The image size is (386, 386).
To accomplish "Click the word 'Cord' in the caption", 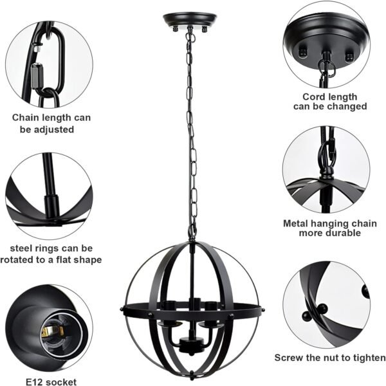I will (x=307, y=96).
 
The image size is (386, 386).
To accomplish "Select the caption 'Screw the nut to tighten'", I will (x=330, y=358).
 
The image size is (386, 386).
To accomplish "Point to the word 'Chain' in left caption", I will (x=27, y=118).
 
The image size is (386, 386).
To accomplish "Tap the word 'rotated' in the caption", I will (x=21, y=259).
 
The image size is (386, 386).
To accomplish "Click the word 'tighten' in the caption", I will (x=368, y=358).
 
